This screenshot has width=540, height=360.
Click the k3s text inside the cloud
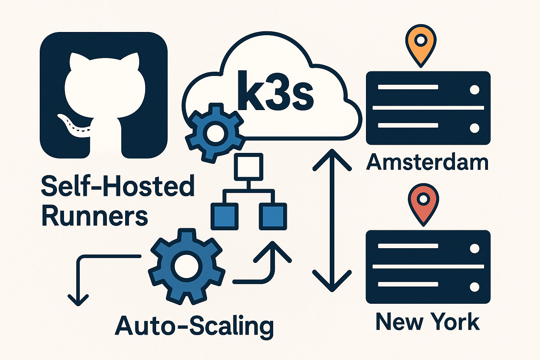[x=275, y=91]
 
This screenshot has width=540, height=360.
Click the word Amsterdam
[x=427, y=162]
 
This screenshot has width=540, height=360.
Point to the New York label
[x=427, y=321]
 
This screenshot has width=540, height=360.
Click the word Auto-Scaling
[x=194, y=326]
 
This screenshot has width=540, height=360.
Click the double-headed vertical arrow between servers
[x=332, y=220]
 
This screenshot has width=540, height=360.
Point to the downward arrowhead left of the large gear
[x=78, y=300]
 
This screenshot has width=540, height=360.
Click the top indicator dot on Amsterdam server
[x=474, y=90]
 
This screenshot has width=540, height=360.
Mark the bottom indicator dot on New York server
[x=474, y=287]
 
